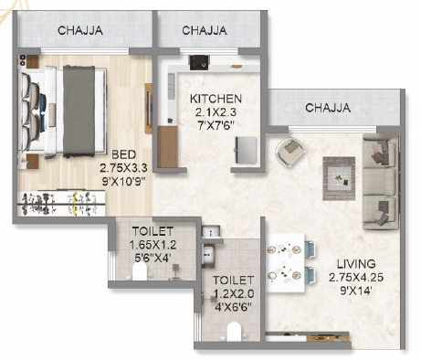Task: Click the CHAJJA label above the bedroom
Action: pos(80,30)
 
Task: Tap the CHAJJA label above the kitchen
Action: pos(205,30)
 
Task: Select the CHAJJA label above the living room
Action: pos(327,108)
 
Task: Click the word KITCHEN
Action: pos(216,98)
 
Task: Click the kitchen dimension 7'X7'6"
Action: pos(216,125)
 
